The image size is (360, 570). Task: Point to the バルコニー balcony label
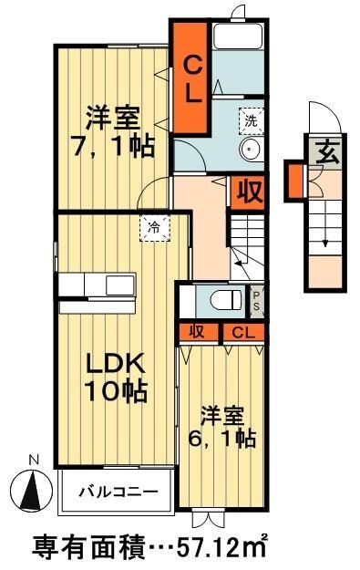[x=117, y=492]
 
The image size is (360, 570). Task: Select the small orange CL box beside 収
[x=242, y=332]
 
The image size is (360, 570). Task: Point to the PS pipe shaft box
[x=256, y=299]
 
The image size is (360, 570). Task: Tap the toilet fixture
[x=221, y=299]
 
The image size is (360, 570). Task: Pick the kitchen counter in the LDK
[x=97, y=284]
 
